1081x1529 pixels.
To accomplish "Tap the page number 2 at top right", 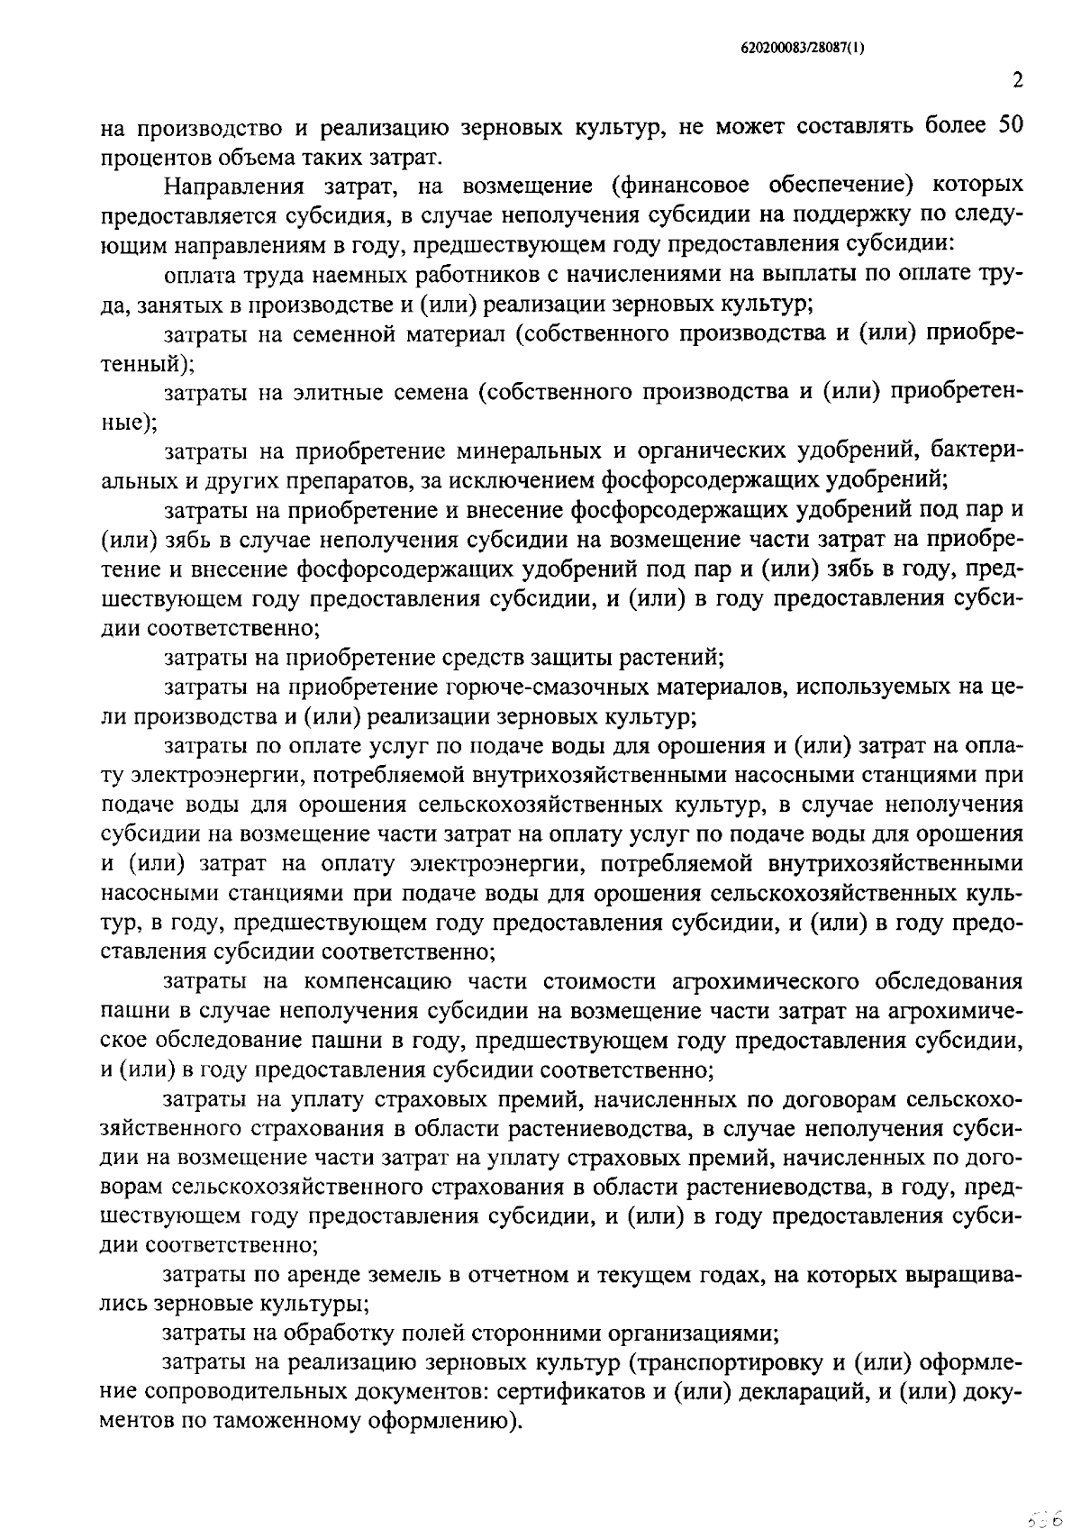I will click(1017, 81).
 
